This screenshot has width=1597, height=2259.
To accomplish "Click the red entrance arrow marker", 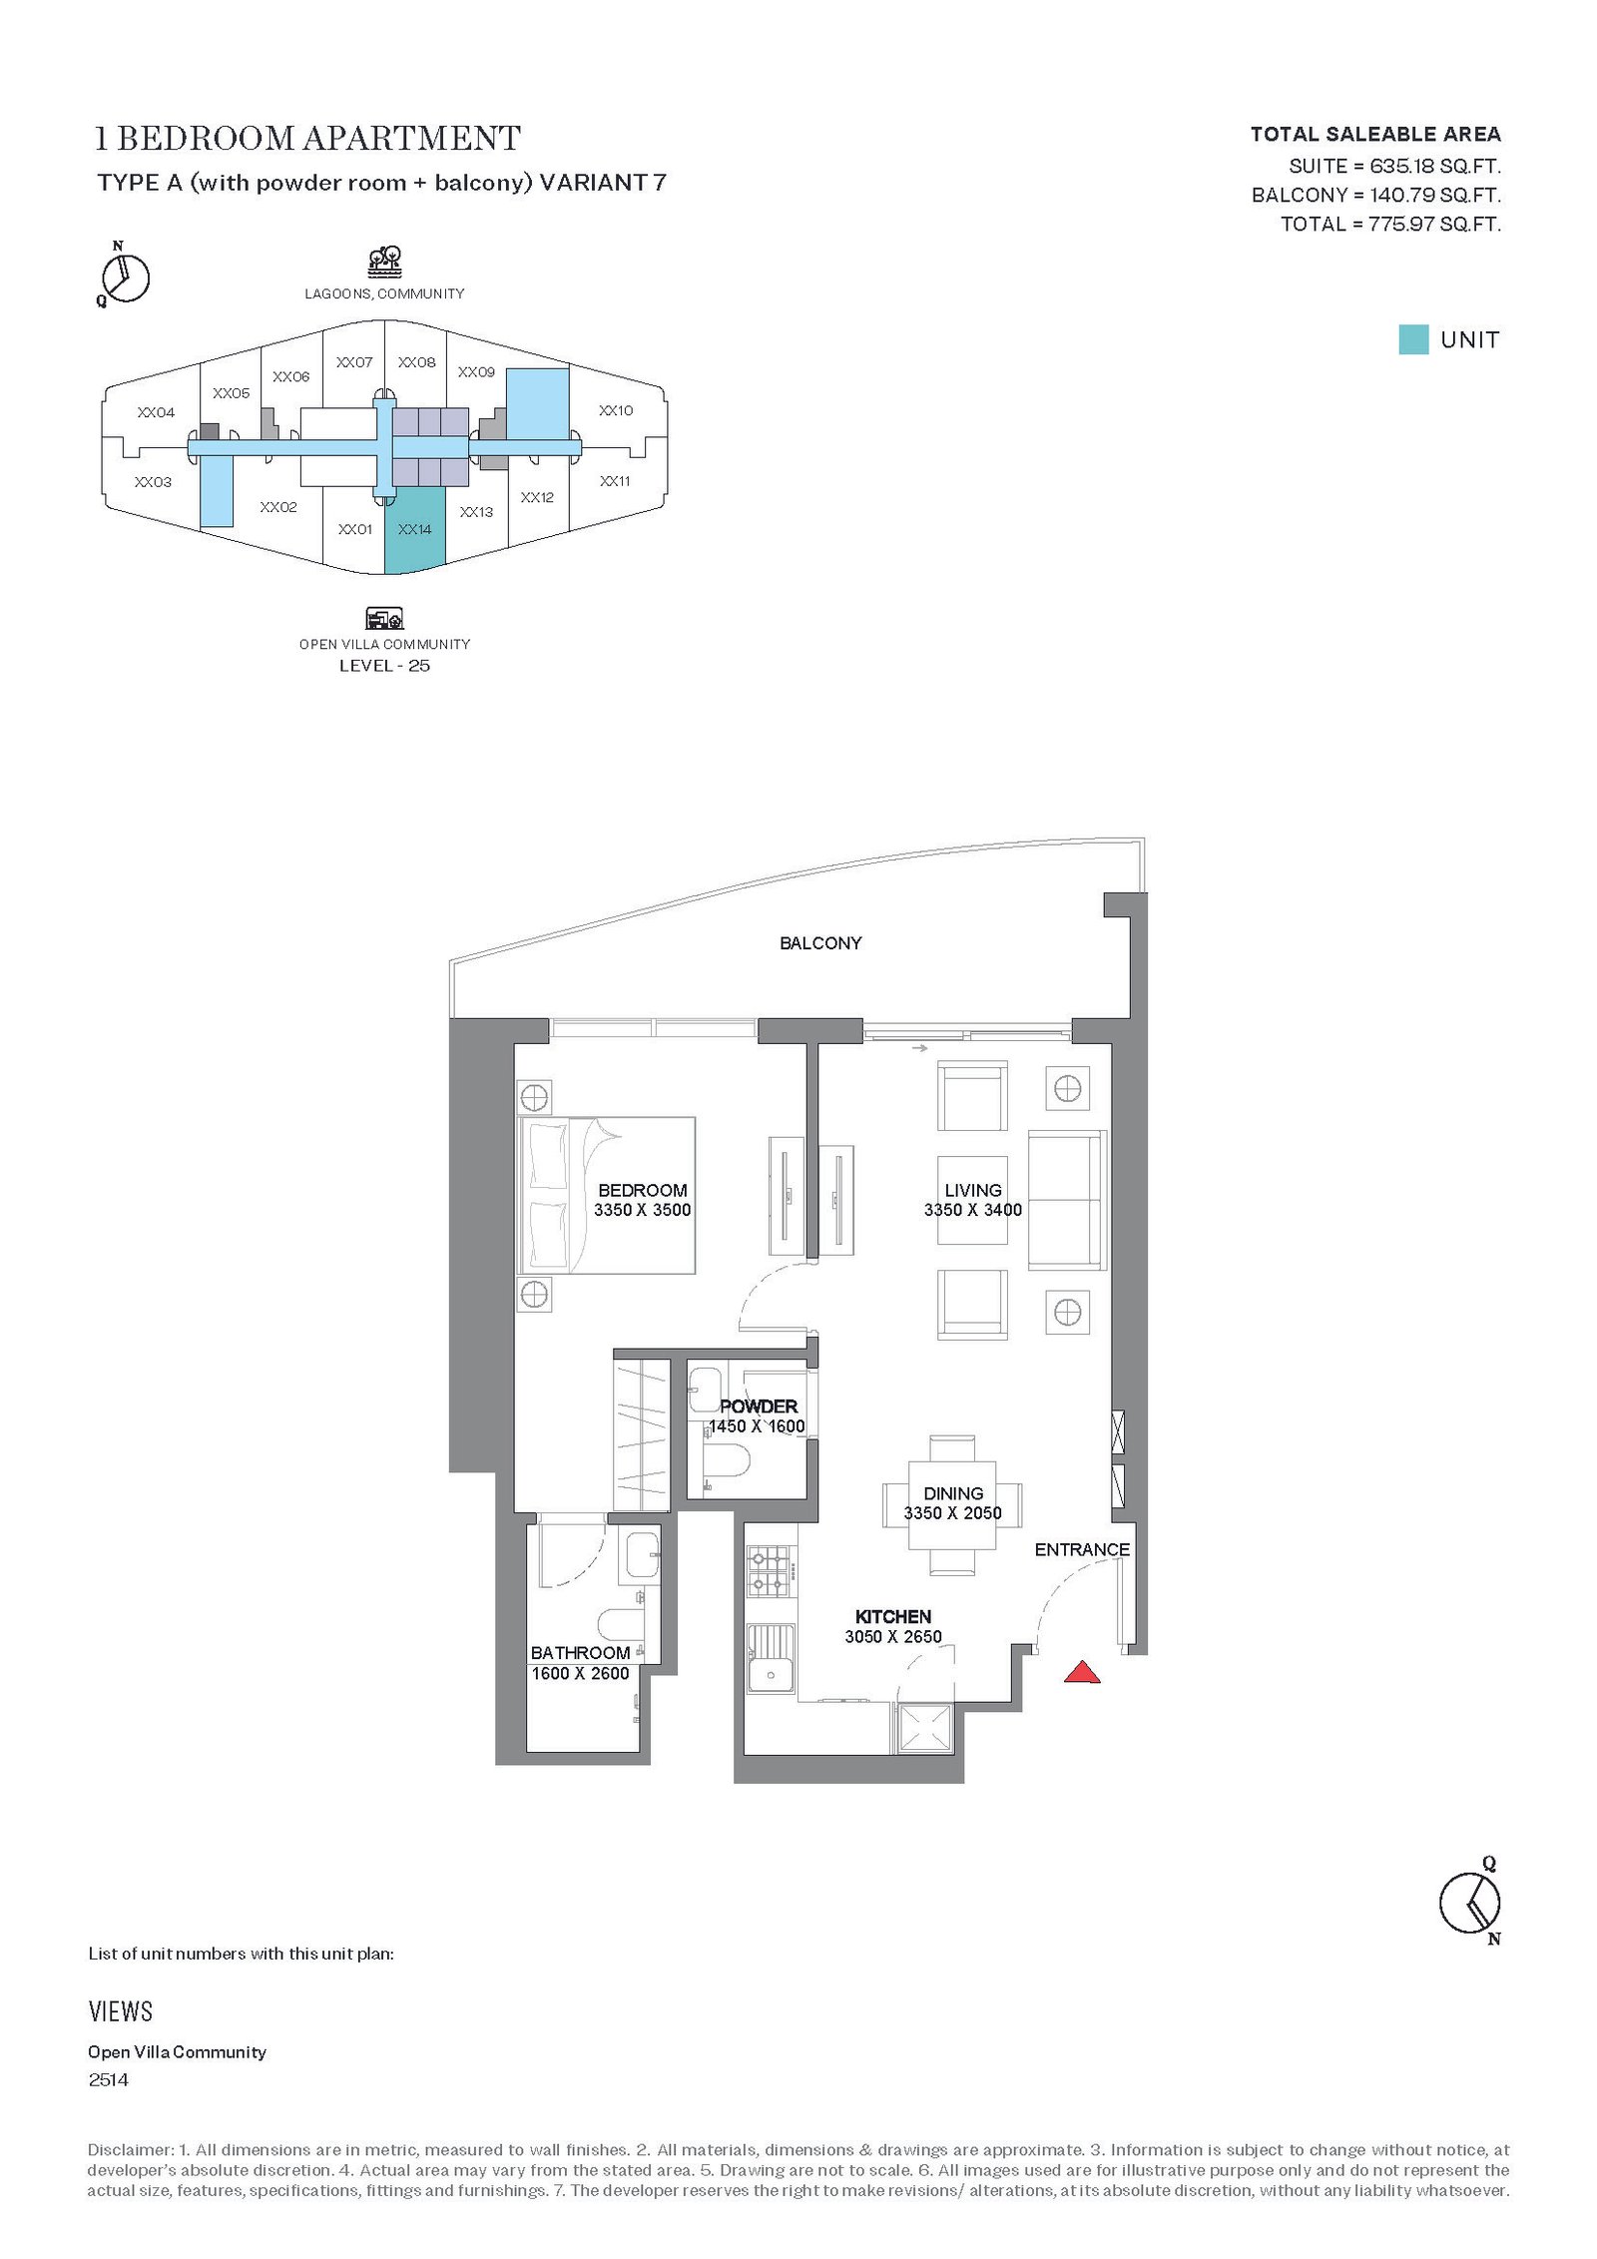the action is point(1082,1672).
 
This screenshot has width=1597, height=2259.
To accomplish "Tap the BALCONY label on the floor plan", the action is point(820,942).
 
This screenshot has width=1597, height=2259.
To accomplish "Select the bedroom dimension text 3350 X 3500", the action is point(642,1210).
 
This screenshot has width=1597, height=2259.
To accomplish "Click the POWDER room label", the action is point(759,1406).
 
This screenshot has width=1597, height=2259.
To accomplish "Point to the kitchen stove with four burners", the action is point(770,1570).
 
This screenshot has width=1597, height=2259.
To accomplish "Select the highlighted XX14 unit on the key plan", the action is point(414,530).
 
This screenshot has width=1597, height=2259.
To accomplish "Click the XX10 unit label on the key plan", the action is point(616,410).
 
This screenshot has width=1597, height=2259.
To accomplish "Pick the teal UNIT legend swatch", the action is point(1413,339).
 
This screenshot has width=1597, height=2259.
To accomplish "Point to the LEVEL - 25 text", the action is point(384,666).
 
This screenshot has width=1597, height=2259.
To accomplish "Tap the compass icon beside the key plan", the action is point(125,275).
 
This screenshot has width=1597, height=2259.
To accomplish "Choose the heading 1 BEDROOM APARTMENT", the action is point(307,138).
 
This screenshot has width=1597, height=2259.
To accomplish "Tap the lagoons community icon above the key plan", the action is point(384,263).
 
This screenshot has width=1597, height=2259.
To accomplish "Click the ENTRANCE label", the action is point(1082,1549).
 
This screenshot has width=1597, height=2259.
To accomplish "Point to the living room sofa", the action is point(1067,1203).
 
